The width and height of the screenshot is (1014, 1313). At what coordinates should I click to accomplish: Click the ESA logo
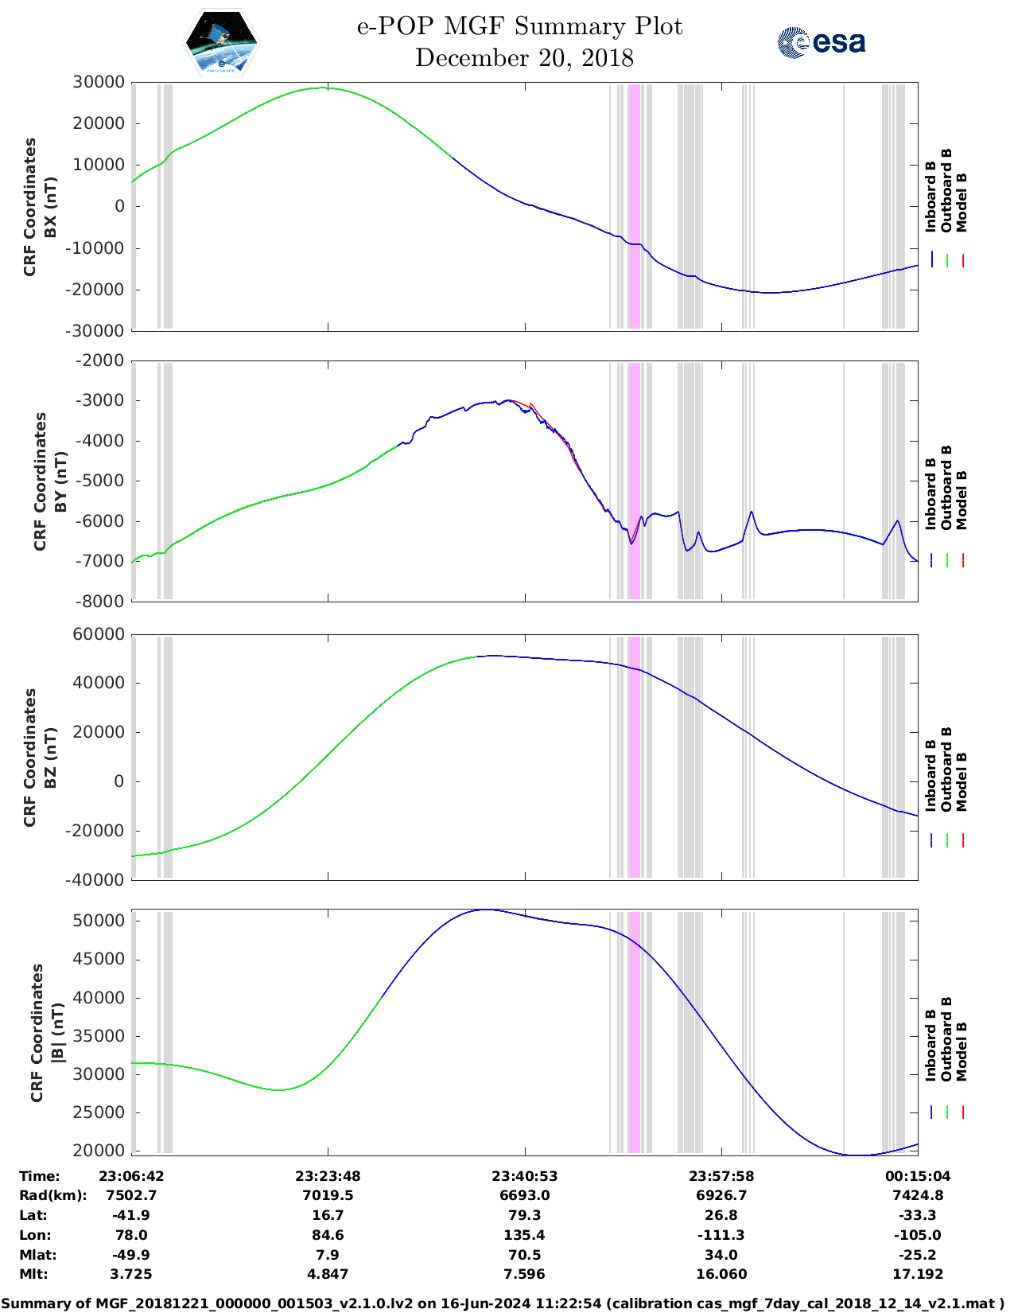point(821,42)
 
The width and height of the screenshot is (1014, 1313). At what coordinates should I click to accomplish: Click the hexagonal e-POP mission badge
point(222,42)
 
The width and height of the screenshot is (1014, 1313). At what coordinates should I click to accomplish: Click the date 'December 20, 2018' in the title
point(524,58)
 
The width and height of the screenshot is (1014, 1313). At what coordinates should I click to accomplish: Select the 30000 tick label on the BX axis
point(99,82)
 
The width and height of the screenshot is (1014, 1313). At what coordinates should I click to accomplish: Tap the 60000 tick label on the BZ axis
point(99,634)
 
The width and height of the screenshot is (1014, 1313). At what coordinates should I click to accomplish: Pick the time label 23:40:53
point(524,1176)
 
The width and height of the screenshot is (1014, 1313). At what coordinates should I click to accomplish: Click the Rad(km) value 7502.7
point(131,1195)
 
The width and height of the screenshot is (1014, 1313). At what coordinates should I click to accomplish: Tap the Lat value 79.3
point(524,1215)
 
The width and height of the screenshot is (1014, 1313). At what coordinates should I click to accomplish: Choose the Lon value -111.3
point(721,1235)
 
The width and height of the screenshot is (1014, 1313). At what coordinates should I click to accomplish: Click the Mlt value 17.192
point(918,1274)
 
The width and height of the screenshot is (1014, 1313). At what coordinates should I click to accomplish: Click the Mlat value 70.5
point(524,1255)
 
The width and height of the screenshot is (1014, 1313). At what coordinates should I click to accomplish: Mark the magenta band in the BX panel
point(634,205)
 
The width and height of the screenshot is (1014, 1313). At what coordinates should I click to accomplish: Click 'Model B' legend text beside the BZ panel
point(962,781)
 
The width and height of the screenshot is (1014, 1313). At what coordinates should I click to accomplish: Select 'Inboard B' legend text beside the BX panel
point(930,197)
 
